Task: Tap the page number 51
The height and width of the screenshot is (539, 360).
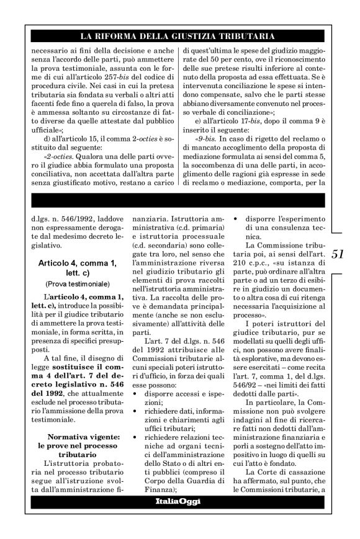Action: click(x=339, y=254)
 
